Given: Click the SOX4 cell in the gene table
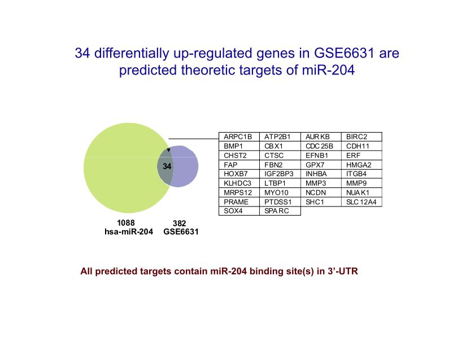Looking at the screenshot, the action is click(239, 211).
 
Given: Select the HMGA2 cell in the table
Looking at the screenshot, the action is click(362, 165).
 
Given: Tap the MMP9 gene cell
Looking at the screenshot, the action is click(362, 183).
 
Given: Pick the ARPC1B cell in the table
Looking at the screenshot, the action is click(239, 137).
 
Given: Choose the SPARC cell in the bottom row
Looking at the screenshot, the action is click(280, 211).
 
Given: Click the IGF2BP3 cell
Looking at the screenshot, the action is click(280, 174).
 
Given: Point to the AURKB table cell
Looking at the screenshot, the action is click(321, 137).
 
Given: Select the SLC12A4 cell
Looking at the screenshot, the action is click(362, 202).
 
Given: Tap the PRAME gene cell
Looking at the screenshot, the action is click(239, 202).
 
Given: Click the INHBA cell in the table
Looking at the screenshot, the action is click(321, 174).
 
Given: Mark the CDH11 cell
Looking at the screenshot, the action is click(362, 146).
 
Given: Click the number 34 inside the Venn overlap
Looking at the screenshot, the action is click(167, 166).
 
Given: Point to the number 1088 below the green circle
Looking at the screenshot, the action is click(126, 223).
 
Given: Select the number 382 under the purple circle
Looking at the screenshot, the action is click(179, 223).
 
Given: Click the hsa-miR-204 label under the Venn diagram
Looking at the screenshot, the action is click(129, 231).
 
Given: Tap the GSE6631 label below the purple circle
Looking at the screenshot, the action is click(181, 231).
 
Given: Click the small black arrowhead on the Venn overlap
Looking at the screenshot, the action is click(168, 150).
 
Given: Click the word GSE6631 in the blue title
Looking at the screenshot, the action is click(344, 54).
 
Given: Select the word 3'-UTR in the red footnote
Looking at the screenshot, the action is click(343, 271).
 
